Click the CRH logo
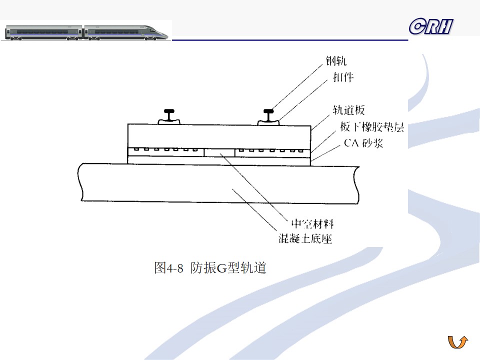[x=430, y=26]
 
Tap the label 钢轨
[x=335, y=61]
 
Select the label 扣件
[x=343, y=76]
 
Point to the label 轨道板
[x=349, y=110]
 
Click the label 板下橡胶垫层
[x=368, y=127]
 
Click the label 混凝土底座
[x=305, y=238]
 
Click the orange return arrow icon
[x=457, y=342]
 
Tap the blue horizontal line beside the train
[x=290, y=39]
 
